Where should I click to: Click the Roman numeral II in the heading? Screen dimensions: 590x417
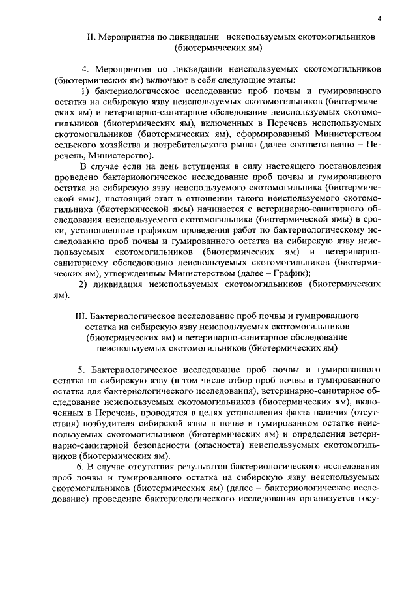(91, 38)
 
